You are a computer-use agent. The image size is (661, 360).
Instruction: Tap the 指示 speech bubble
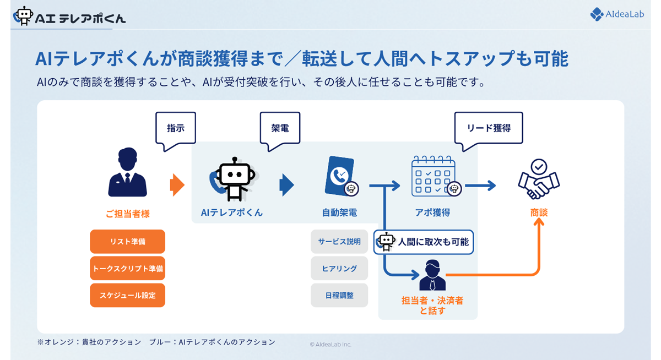point(176,128)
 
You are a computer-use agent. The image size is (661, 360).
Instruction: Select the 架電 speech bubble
point(280,128)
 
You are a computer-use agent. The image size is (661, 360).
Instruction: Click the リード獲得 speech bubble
point(488,128)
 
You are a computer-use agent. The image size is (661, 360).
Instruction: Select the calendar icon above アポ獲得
point(434,176)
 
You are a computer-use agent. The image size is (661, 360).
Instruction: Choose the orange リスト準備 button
point(127,242)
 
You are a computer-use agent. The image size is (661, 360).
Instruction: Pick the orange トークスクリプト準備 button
point(127,269)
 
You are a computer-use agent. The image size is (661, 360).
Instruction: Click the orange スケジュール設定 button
point(127,296)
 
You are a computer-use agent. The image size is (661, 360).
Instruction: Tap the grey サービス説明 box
point(339,242)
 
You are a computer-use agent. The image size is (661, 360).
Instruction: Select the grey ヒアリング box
point(339,269)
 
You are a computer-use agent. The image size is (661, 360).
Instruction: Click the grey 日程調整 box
point(339,296)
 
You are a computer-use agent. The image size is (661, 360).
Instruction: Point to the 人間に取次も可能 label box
point(424,242)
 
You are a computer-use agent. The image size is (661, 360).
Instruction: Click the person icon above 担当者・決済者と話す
point(432,275)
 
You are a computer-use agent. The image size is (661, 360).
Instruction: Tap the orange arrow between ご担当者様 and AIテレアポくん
point(177,185)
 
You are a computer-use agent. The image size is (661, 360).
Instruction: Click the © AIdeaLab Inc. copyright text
point(330,344)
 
